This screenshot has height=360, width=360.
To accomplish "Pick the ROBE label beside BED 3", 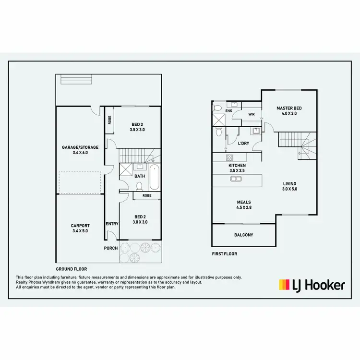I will [110, 120].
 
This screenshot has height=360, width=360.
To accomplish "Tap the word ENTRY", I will [112, 224].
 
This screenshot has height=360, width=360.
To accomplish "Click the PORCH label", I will [111, 248].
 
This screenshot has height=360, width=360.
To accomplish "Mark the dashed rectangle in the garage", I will [80, 182].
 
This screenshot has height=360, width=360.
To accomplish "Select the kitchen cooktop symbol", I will [229, 157].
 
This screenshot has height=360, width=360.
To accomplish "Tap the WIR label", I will [251, 115].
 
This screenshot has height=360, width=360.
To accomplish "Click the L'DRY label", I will [243, 143].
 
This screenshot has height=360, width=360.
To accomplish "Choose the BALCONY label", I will [243, 235].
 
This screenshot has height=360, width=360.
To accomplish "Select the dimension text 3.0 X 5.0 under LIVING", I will [289, 189].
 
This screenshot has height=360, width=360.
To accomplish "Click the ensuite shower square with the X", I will [218, 119].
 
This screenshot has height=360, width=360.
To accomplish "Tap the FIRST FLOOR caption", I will [225, 254].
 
